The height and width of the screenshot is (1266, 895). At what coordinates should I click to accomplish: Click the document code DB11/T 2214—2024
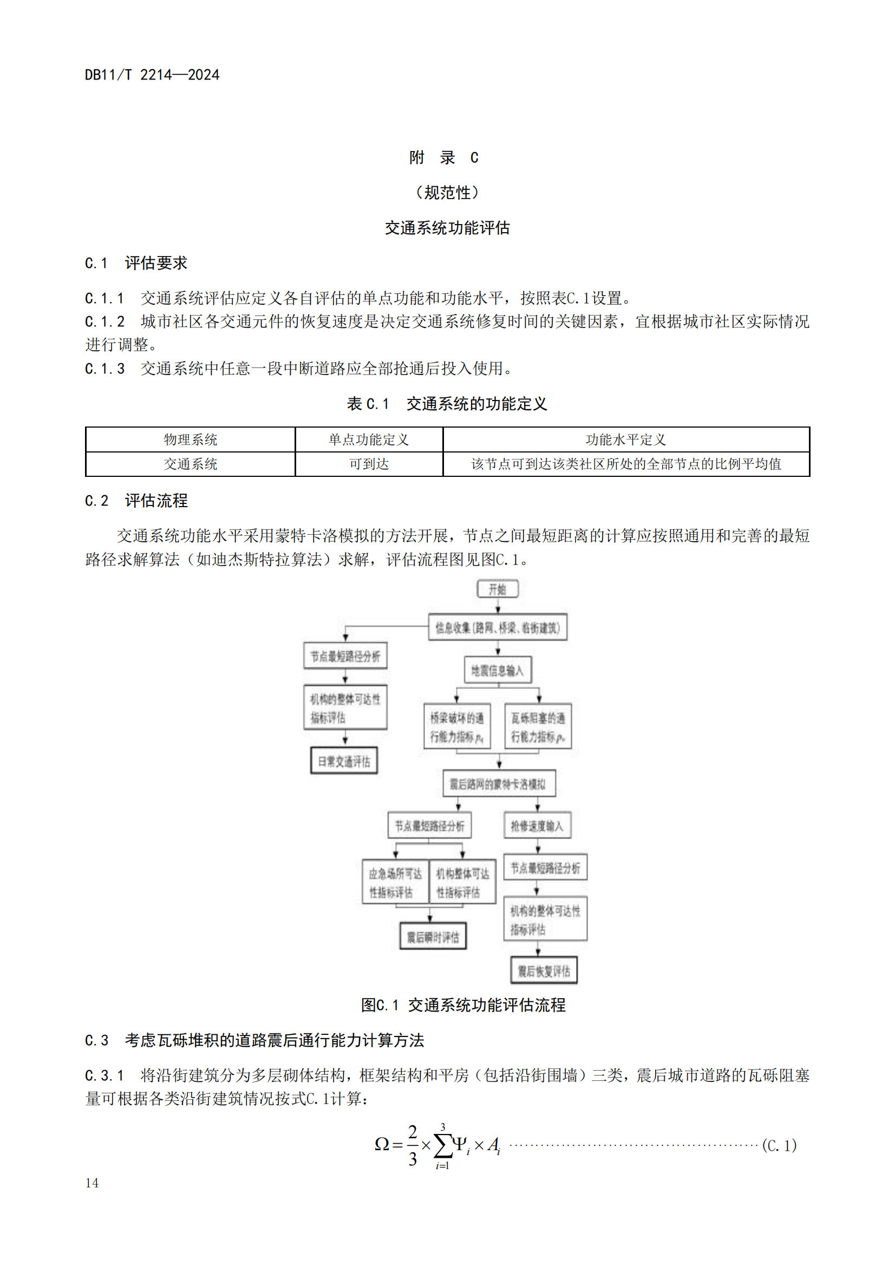(x=152, y=75)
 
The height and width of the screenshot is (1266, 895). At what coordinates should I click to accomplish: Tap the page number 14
(x=92, y=1183)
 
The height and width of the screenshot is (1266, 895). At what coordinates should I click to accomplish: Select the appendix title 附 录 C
(x=443, y=158)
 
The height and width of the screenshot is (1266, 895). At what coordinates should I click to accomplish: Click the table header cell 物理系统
(x=190, y=440)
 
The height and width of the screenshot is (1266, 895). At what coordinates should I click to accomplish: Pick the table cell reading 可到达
(x=369, y=464)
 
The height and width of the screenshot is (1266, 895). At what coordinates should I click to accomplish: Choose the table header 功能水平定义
(x=626, y=440)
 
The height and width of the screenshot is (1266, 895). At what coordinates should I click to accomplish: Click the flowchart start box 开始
(x=498, y=589)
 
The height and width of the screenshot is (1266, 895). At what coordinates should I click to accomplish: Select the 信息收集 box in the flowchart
(x=498, y=627)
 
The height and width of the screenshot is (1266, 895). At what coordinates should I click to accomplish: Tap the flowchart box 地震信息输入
(x=498, y=671)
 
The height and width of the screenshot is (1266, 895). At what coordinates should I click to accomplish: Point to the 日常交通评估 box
(x=344, y=762)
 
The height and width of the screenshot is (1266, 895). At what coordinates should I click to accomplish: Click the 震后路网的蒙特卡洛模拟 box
(x=499, y=784)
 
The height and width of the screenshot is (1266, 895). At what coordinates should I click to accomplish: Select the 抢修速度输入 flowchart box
(x=537, y=825)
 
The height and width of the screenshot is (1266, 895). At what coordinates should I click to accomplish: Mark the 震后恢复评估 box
(x=544, y=971)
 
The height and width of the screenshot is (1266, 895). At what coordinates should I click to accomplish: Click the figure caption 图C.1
(x=463, y=1005)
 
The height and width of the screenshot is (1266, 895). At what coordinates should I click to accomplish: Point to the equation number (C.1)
(x=779, y=1146)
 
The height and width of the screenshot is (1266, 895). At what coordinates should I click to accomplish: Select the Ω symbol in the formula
(x=382, y=1144)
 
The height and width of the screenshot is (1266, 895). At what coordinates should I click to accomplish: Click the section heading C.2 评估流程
(x=136, y=501)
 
